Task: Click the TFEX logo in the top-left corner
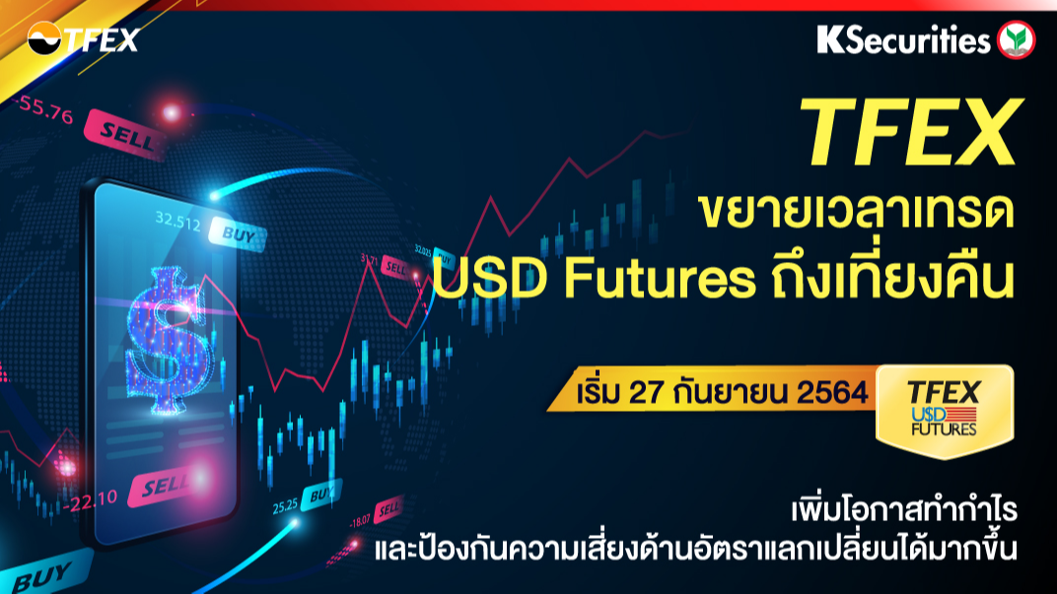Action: [83, 39]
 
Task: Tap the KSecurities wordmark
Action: [903, 39]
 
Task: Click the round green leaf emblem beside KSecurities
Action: [1016, 39]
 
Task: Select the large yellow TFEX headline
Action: [911, 132]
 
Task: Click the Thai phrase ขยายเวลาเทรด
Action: [856, 211]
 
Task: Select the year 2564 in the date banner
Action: [832, 393]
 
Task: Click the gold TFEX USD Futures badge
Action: [945, 411]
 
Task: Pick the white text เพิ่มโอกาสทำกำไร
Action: [904, 510]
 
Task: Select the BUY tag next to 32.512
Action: [238, 234]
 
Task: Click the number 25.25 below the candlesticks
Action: [285, 505]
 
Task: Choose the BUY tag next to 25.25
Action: [321, 495]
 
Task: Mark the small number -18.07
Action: [360, 520]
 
